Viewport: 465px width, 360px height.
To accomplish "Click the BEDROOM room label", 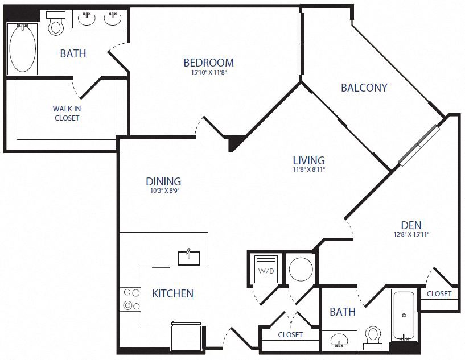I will click(x=208, y=63).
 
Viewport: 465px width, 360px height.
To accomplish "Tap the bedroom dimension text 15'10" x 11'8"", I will click(x=208, y=72).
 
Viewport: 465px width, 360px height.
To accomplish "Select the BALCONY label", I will click(x=364, y=88).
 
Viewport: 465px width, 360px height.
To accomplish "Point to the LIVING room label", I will click(x=308, y=160).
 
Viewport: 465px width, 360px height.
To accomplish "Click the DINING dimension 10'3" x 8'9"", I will click(x=163, y=191).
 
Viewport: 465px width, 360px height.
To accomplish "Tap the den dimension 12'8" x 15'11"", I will click(x=410, y=234).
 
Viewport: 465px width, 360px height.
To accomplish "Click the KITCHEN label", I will click(x=172, y=293).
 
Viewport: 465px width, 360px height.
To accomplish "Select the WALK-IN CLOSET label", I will click(x=67, y=113).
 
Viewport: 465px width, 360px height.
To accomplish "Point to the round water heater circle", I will click(x=301, y=268).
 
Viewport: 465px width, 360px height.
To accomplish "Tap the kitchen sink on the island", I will click(x=188, y=257).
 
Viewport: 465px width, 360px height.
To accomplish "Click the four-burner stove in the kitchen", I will click(x=131, y=299).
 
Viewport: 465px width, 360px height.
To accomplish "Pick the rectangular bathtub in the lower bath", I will click(x=404, y=315).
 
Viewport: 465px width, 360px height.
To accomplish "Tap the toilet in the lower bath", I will click(x=372, y=337).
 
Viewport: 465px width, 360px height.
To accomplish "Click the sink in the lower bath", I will click(x=340, y=341).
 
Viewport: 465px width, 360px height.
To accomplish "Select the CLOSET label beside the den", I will click(x=439, y=294).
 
